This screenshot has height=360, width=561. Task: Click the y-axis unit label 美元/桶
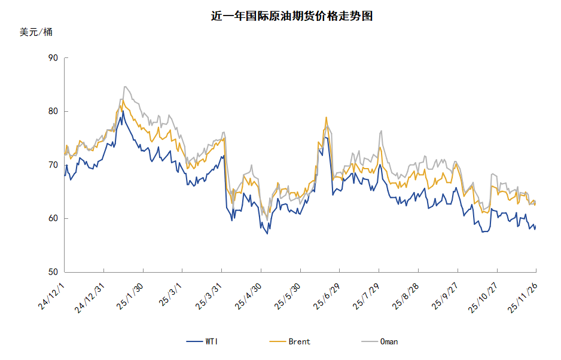click(36, 32)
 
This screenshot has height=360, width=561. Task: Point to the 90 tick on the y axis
click(53, 58)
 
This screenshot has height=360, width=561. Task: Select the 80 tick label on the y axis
click(53, 111)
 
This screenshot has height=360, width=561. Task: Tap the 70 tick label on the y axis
click(53, 165)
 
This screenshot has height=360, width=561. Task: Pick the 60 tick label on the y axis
click(53, 219)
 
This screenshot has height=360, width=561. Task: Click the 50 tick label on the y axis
click(53, 272)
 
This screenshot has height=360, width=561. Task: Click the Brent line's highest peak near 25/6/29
click(326, 117)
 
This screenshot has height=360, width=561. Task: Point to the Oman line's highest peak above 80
click(124, 86)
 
